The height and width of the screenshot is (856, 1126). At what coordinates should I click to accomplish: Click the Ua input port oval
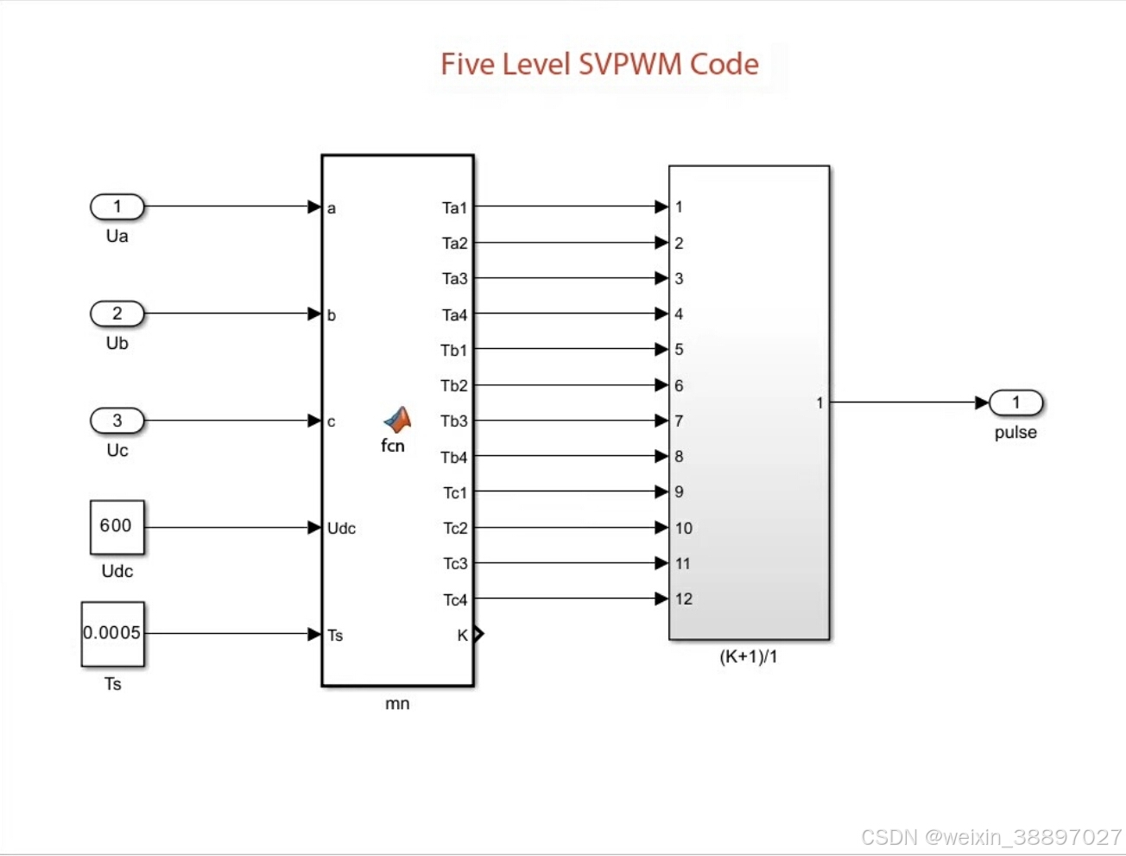coord(117,207)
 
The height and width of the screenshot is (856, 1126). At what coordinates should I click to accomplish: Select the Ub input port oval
coord(117,314)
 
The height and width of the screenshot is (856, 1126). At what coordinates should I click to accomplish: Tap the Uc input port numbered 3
coord(117,421)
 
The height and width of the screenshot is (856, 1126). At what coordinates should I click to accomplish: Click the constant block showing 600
coord(117,527)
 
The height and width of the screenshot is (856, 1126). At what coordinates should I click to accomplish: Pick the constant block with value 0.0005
coord(112,634)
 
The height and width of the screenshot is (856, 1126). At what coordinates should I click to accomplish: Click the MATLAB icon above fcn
coord(397,420)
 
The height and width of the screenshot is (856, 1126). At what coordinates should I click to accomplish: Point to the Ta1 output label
coord(454,208)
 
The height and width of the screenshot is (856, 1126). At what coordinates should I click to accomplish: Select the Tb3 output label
coord(453,422)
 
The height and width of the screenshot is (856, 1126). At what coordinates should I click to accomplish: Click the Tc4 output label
coord(455,599)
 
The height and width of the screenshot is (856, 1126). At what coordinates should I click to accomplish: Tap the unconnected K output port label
coord(463,636)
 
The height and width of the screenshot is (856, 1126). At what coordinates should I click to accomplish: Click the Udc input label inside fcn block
coord(341,529)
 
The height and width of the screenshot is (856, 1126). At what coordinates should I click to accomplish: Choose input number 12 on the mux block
coord(684,599)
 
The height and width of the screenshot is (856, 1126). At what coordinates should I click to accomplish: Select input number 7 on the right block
coord(679,422)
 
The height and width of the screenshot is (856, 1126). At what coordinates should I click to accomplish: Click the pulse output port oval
coord(1015,403)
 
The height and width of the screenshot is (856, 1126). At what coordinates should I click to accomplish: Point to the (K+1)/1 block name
coord(749,657)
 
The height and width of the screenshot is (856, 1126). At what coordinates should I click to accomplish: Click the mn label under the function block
coord(397,704)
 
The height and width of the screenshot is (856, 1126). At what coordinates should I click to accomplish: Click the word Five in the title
coord(467,65)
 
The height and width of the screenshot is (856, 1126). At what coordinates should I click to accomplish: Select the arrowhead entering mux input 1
coord(661,207)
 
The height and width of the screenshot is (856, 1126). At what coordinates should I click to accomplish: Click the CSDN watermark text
coord(991,836)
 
